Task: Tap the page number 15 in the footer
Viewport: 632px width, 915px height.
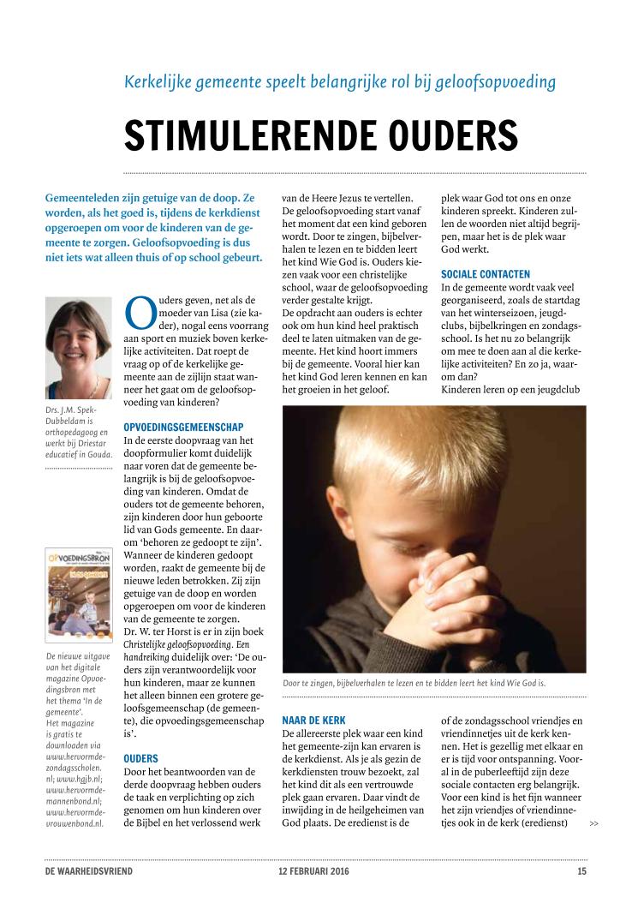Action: click(581, 872)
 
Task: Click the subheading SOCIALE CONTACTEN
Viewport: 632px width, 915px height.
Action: click(486, 274)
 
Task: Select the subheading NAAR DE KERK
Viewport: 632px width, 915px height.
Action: click(313, 721)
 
